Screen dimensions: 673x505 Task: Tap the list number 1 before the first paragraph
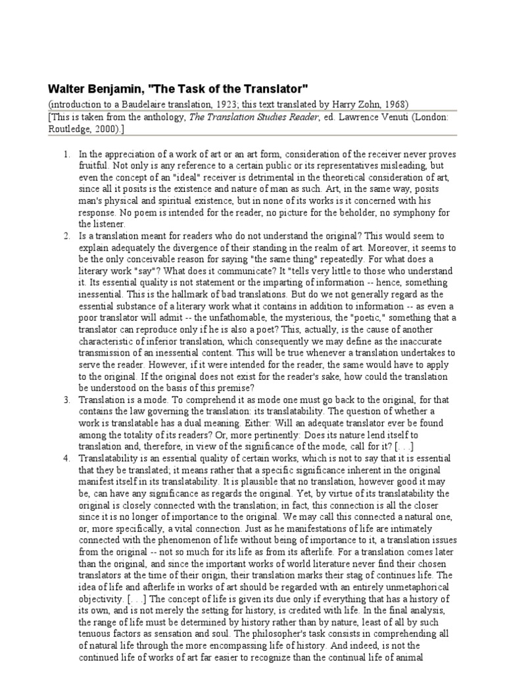[x=67, y=154]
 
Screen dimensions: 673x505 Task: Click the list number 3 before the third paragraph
[x=67, y=400]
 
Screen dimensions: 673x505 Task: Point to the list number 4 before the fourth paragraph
[x=67, y=458]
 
